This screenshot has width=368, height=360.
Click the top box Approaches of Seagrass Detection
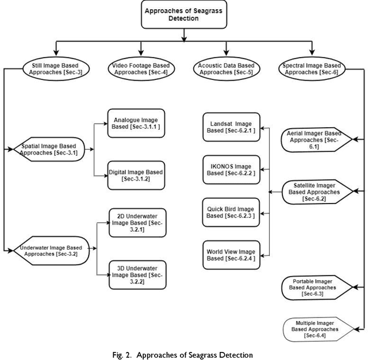pos(182,14)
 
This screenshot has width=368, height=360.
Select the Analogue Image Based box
pos(136,123)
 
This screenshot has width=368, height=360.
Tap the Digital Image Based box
pos(136,175)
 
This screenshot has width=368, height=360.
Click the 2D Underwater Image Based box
pos(137,221)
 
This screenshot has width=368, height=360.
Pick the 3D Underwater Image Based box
pos(137,274)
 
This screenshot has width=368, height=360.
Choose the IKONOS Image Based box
pos(229,168)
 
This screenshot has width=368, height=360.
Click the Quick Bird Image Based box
pos(229,212)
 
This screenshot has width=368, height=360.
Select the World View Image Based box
pos(229,255)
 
